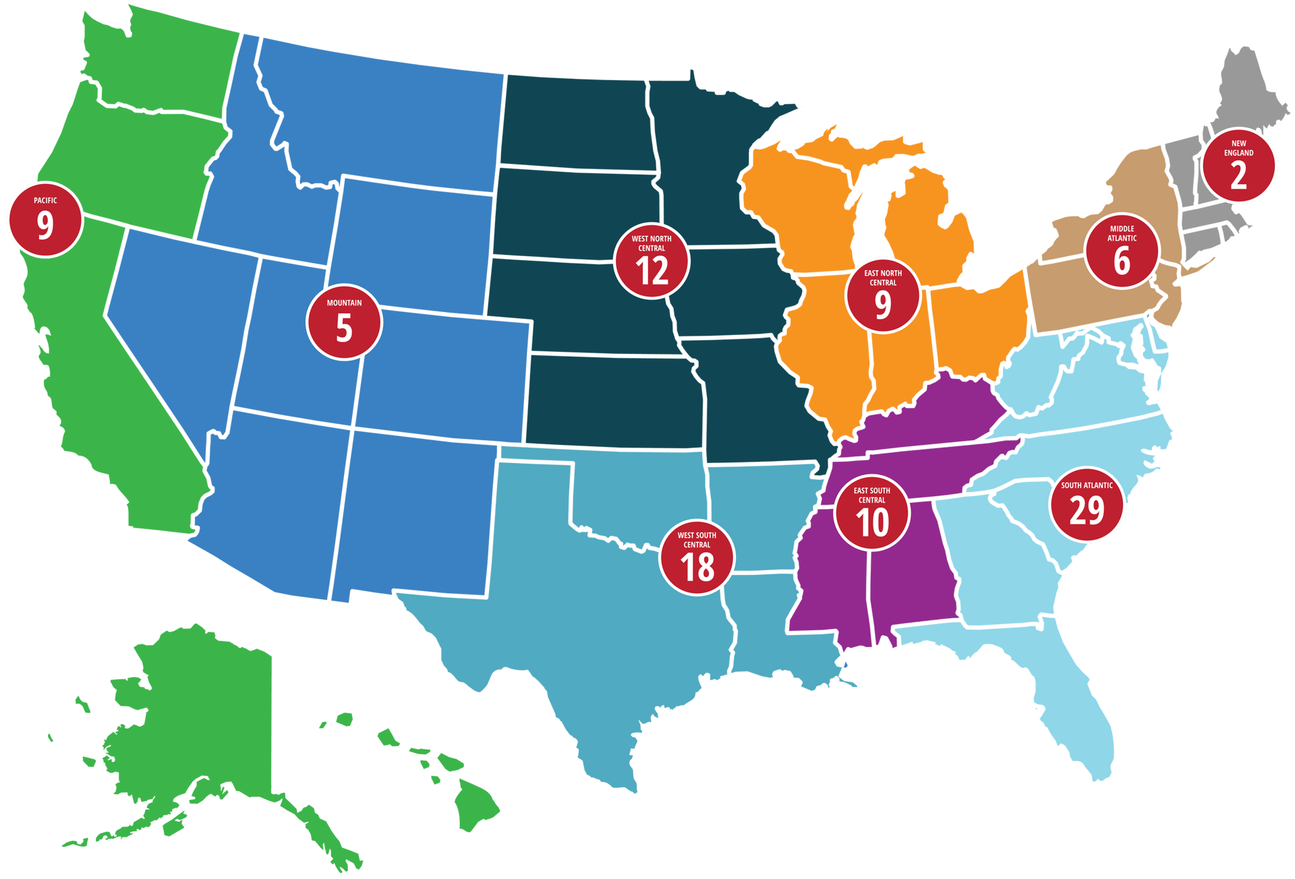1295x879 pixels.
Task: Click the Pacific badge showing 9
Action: point(45,220)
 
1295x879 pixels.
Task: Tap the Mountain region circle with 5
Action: point(344,323)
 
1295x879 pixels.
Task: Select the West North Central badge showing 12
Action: point(652,261)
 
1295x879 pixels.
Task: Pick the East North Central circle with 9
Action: point(883,295)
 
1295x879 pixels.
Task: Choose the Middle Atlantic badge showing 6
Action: point(1122,251)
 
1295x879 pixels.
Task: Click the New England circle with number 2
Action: point(1239,166)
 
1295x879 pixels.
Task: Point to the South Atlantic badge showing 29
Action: point(1087,504)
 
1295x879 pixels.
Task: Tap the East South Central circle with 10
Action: point(872,513)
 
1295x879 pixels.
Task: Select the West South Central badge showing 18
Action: point(697,557)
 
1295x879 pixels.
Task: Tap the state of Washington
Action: point(169,61)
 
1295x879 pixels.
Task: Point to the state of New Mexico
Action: point(411,512)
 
